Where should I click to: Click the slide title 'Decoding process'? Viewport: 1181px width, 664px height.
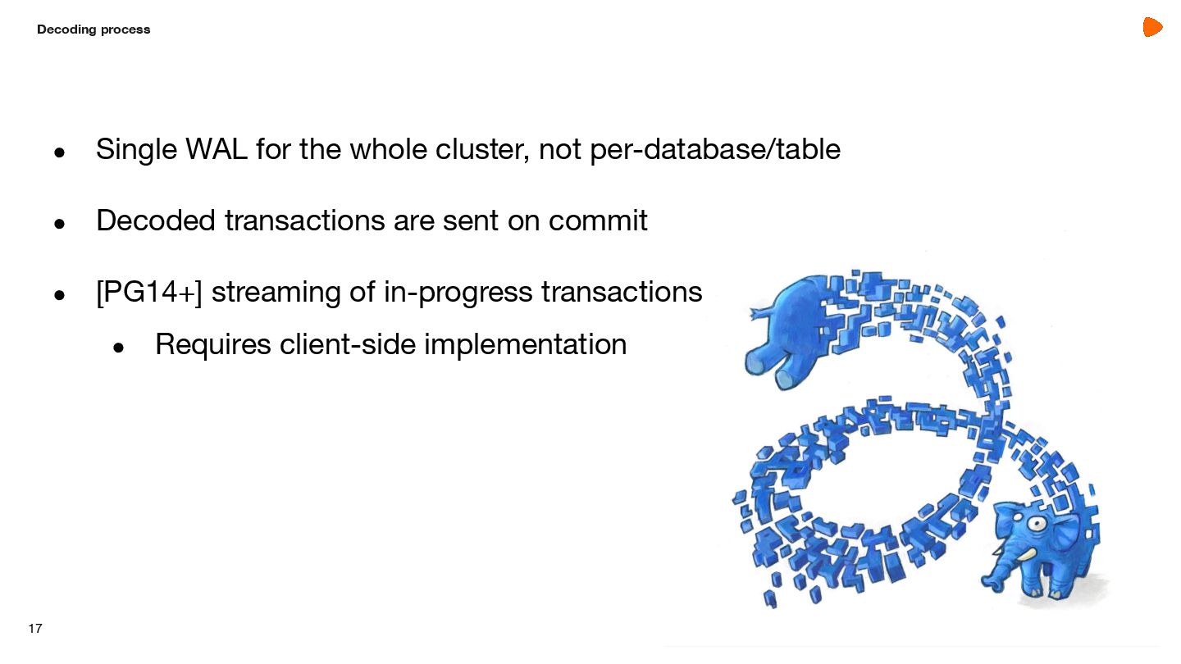(x=93, y=30)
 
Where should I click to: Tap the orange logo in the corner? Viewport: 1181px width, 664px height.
(x=1152, y=27)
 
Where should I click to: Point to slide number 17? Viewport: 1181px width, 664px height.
(x=34, y=629)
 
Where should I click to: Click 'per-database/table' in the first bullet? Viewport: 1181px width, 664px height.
(x=714, y=150)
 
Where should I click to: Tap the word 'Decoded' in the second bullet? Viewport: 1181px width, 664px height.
(x=155, y=221)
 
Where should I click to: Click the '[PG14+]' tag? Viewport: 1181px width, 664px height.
(x=148, y=292)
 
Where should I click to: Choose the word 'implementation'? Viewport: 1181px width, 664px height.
(x=526, y=344)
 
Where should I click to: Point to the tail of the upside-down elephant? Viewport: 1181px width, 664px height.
(x=756, y=312)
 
